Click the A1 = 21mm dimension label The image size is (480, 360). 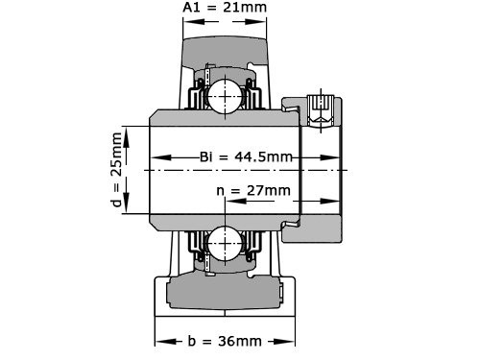225,9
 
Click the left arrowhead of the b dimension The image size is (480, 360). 160,341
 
